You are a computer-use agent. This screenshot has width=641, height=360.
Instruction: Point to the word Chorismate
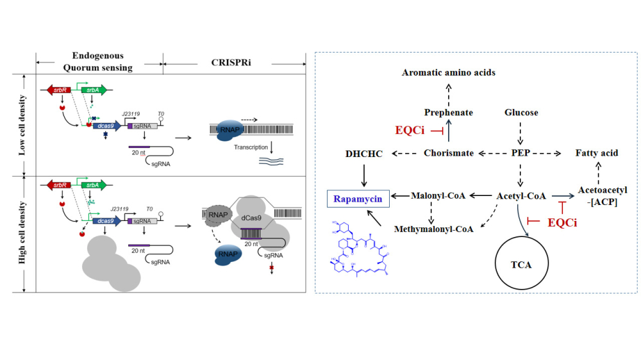(449, 153)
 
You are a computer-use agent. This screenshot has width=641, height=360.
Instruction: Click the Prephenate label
(449, 113)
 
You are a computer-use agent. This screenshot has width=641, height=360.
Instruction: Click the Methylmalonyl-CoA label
(433, 228)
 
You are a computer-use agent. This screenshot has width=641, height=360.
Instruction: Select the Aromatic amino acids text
(449, 72)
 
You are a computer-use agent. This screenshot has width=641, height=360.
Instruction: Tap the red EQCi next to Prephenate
(411, 131)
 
